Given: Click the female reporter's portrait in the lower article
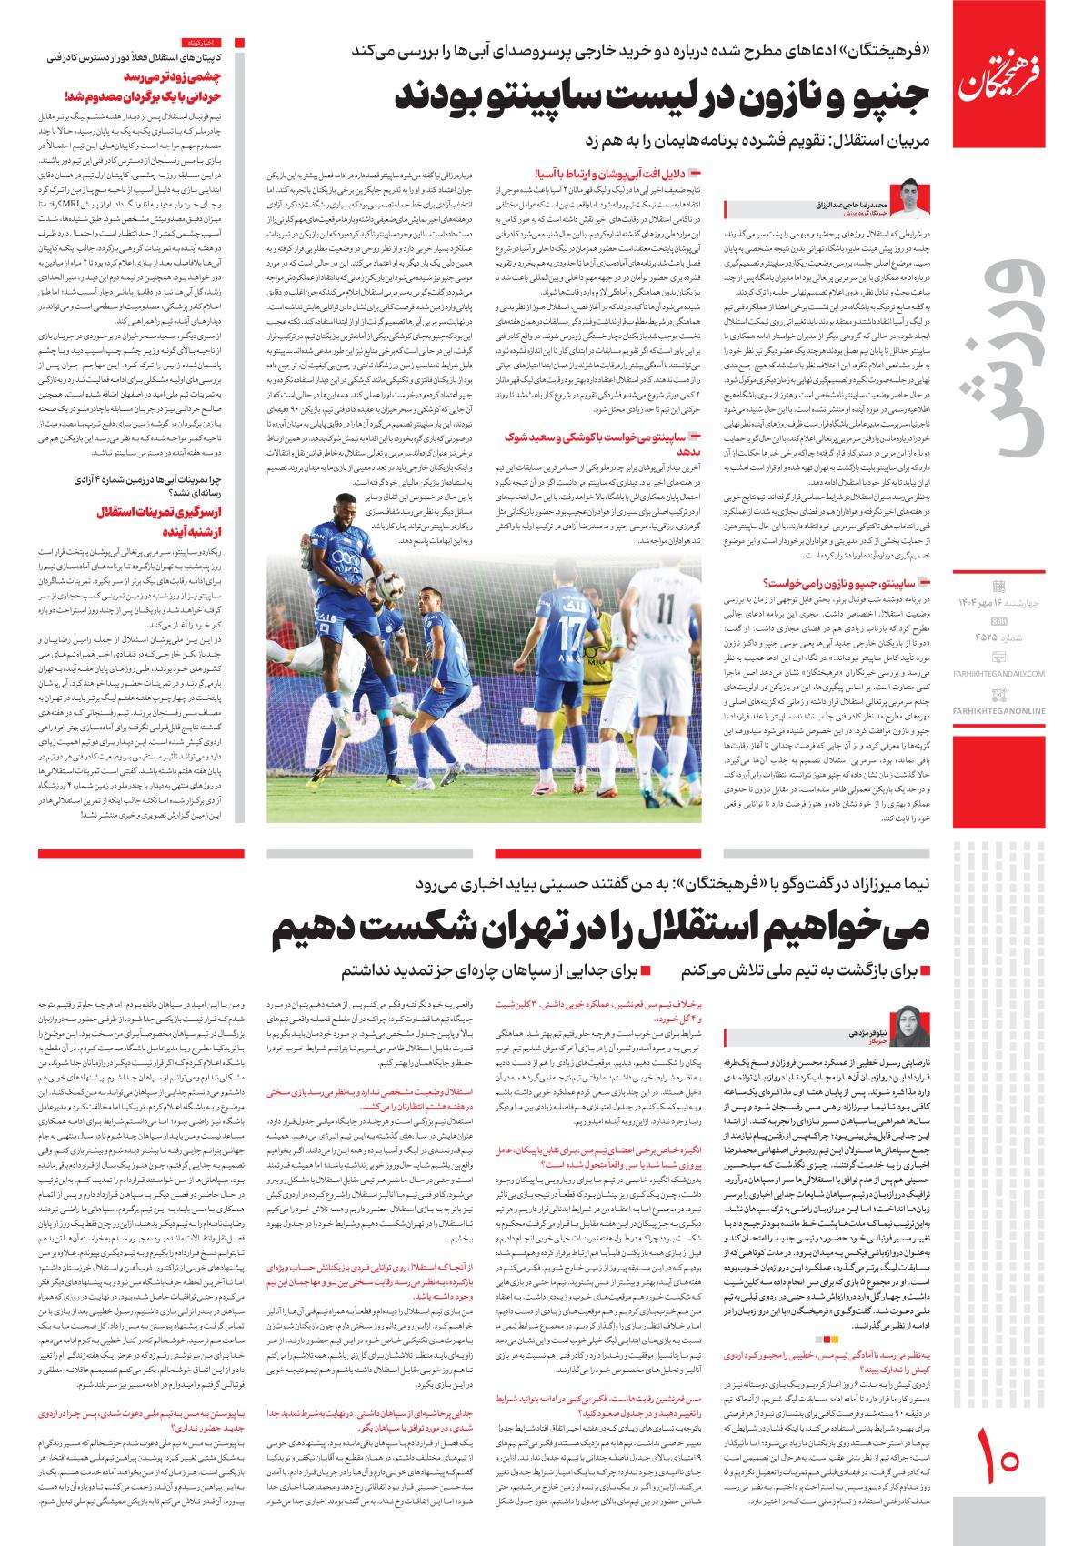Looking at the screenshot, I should [911, 1025].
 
